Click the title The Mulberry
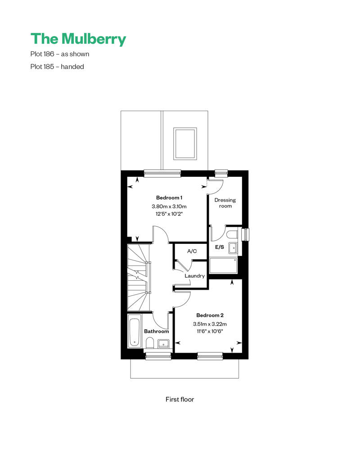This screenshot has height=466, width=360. click(78, 39)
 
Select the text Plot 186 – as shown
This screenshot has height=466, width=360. click(60, 54)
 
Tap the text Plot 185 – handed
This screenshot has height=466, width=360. click(57, 67)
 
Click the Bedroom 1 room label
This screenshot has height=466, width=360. click(169, 197)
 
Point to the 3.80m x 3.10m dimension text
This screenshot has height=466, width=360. click(169, 206)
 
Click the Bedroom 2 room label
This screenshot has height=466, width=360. click(210, 315)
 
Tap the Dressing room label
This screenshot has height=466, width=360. click(225, 203)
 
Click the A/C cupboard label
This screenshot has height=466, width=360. click(192, 251)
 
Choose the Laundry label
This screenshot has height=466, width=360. click(195, 276)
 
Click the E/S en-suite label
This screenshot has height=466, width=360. click(220, 247)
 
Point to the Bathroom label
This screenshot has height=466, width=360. click(156, 331)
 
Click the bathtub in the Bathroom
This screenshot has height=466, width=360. click(135, 332)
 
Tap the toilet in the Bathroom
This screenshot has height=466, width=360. click(150, 343)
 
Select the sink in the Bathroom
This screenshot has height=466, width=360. click(163, 344)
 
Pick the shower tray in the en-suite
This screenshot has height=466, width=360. click(223, 266)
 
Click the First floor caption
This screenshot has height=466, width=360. click(180, 399)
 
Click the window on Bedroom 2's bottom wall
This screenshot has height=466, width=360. click(210, 356)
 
